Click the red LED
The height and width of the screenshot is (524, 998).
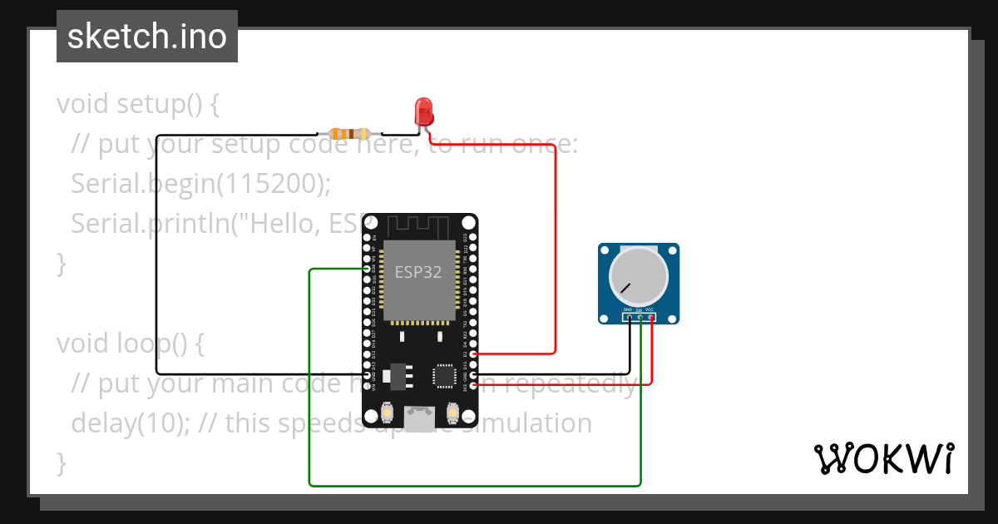pos(423,110)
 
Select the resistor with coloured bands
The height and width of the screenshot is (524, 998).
pos(349,133)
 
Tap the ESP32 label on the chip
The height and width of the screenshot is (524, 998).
pos(417,271)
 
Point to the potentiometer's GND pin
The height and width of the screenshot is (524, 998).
pos(630,317)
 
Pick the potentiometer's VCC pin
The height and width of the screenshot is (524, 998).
pos(650,317)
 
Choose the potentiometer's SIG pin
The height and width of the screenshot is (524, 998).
pos(640,317)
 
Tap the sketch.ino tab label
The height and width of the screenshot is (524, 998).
pos(146,37)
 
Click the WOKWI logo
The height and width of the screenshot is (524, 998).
pos(883,458)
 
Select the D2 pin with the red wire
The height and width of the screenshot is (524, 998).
pos(473,353)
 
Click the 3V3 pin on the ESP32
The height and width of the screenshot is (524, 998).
pos(473,385)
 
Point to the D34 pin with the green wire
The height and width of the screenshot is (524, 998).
pos(368,269)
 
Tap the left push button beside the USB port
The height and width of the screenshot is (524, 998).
pos(387,411)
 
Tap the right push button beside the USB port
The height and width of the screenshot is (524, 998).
pos(453,411)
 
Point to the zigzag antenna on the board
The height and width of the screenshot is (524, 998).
pos(420,226)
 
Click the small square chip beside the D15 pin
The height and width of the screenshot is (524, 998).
pos(443,375)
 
